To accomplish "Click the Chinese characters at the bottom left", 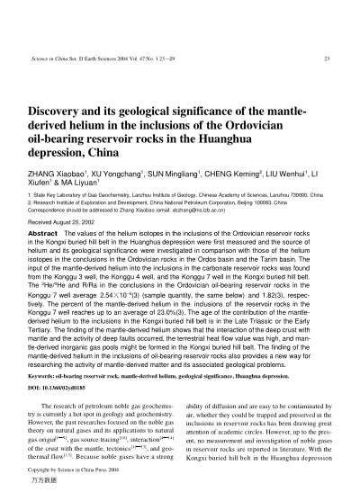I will click(x=42, y=482).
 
